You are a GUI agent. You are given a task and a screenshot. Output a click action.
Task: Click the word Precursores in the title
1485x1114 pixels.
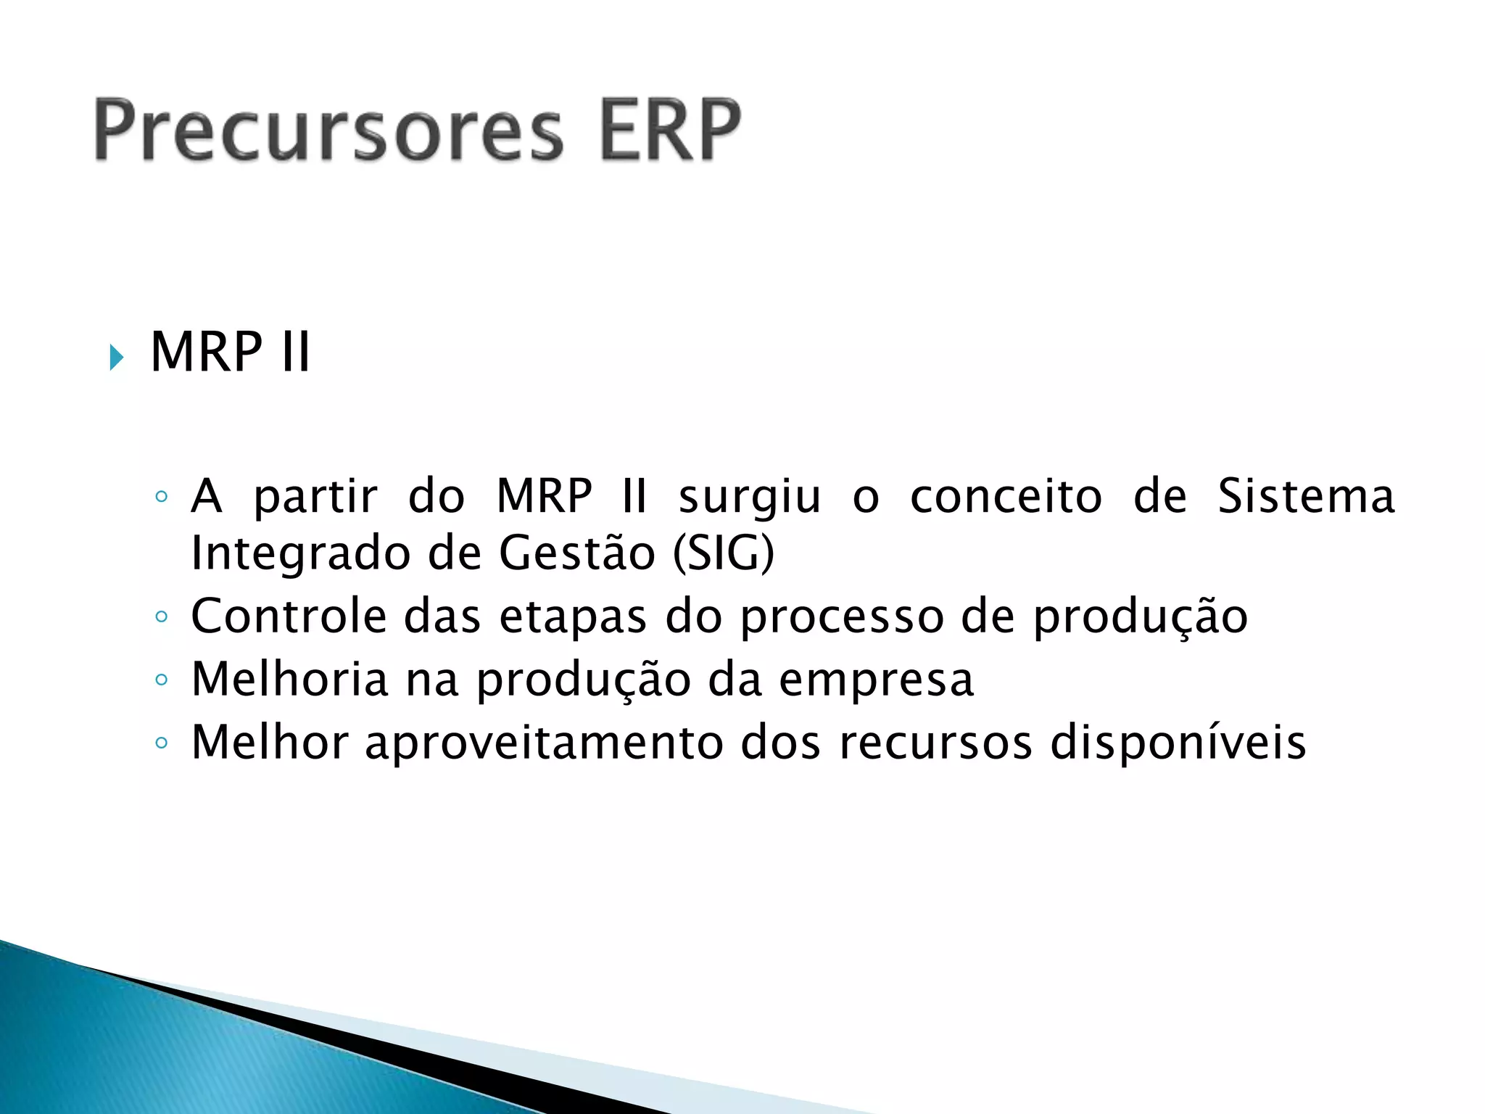pyautogui.click(x=328, y=131)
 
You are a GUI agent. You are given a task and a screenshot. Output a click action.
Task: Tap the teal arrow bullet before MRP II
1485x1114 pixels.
pyautogui.click(x=117, y=358)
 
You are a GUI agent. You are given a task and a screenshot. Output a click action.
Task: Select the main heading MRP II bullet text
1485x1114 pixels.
pyautogui.click(x=230, y=352)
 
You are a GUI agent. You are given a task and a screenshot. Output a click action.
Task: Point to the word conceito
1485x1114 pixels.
pyautogui.click(x=1006, y=498)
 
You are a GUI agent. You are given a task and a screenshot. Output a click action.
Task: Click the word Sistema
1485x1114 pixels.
pyautogui.click(x=1306, y=497)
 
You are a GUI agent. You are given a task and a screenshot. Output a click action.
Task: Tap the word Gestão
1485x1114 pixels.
pyautogui.click(x=577, y=553)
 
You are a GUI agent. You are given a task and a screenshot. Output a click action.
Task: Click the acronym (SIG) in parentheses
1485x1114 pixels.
pyautogui.click(x=724, y=554)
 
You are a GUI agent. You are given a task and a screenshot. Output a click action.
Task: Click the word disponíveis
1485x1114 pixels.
pyautogui.click(x=1178, y=743)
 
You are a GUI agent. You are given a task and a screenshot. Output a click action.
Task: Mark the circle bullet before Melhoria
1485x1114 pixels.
pyautogui.click(x=162, y=680)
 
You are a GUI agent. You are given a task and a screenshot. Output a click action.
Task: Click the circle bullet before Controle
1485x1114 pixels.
pyautogui.click(x=162, y=617)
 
